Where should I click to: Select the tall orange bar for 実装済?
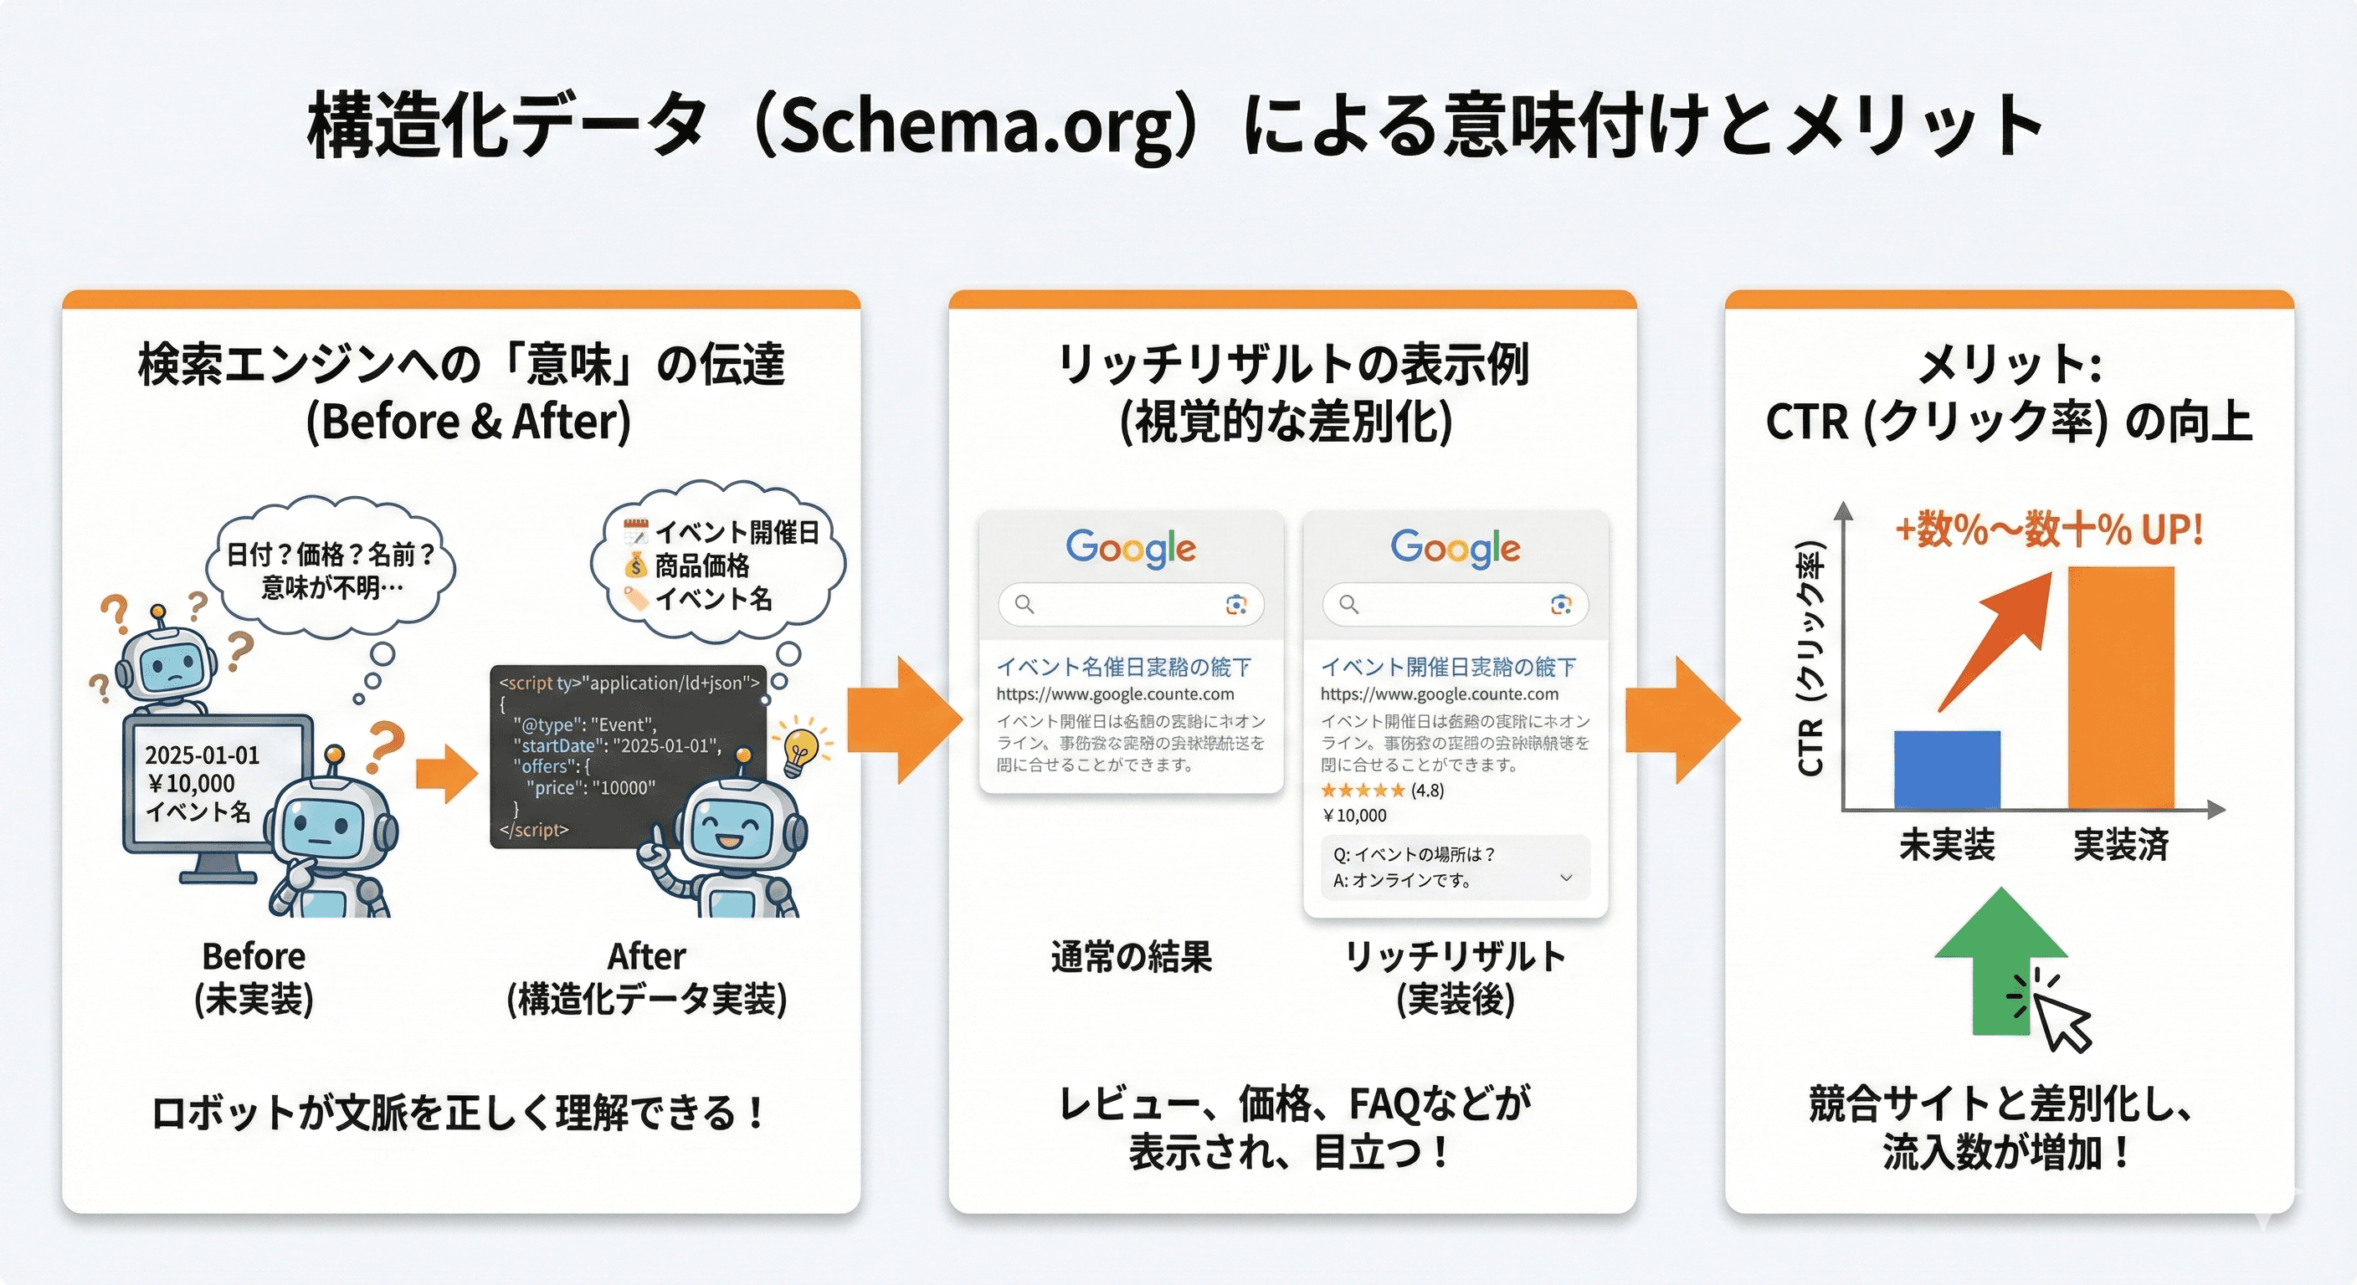coord(2120,688)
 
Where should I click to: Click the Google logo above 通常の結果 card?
coord(1130,548)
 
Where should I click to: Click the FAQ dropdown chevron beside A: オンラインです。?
coord(1565,878)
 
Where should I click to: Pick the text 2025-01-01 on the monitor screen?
coord(203,755)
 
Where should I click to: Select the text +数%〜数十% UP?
coord(2048,530)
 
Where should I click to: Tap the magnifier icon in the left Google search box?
coord(1024,605)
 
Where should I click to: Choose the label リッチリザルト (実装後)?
coord(1455,977)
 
